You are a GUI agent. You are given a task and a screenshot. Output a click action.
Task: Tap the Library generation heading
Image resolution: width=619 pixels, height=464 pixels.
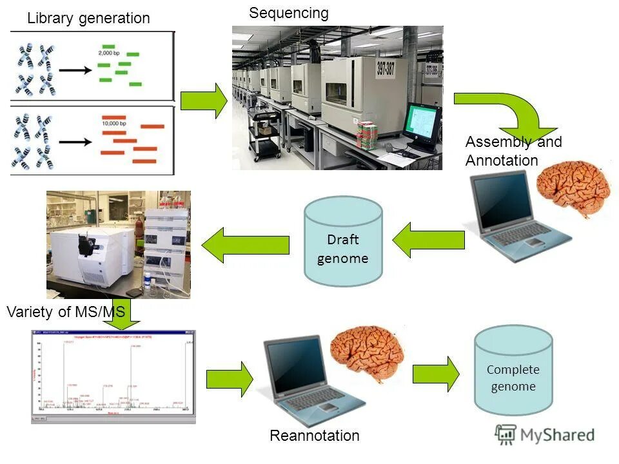(x=88, y=19)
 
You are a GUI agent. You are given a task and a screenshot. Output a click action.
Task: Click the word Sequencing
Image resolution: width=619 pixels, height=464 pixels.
(x=289, y=13)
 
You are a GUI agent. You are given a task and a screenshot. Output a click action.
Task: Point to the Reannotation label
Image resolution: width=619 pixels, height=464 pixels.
(x=315, y=436)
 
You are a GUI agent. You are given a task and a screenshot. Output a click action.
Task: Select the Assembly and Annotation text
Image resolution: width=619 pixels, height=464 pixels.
(x=513, y=151)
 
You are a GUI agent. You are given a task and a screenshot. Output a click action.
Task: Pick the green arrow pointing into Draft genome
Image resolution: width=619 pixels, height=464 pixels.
(x=428, y=240)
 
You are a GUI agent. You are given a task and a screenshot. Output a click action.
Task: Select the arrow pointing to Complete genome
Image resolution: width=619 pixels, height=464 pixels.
(x=436, y=373)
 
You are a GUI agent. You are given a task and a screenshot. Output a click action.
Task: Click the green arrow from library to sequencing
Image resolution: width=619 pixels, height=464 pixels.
(x=203, y=101)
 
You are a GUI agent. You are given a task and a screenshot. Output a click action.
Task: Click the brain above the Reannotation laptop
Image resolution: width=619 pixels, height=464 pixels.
(x=367, y=352)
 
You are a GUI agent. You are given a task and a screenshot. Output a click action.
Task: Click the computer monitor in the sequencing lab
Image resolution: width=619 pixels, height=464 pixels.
(x=422, y=124)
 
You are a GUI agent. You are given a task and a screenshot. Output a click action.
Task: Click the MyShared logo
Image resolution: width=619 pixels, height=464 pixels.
(x=545, y=434)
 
